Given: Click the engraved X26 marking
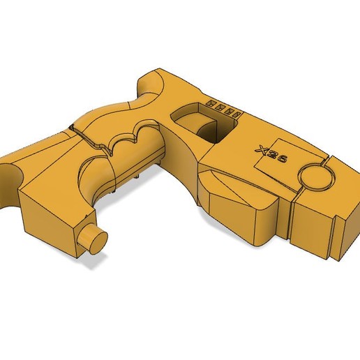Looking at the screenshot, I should (x=272, y=156).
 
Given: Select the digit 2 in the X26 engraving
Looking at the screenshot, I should (x=273, y=156).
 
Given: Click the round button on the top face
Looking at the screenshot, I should (x=318, y=179).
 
